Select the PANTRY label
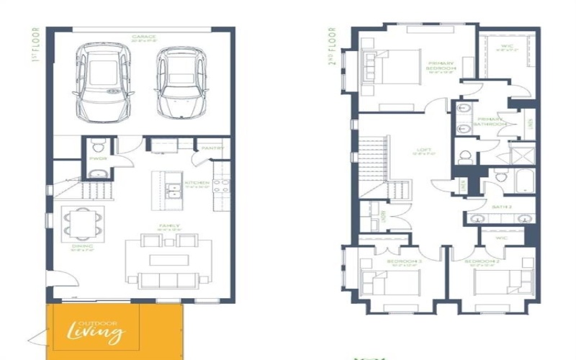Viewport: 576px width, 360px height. pyautogui.click(x=213, y=148)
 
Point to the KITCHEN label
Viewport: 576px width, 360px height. pyautogui.click(x=197, y=184)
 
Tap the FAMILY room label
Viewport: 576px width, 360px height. pyautogui.click(x=168, y=226)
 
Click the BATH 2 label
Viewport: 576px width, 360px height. pyautogui.click(x=501, y=207)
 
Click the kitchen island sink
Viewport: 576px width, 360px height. pyautogui.click(x=173, y=190)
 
